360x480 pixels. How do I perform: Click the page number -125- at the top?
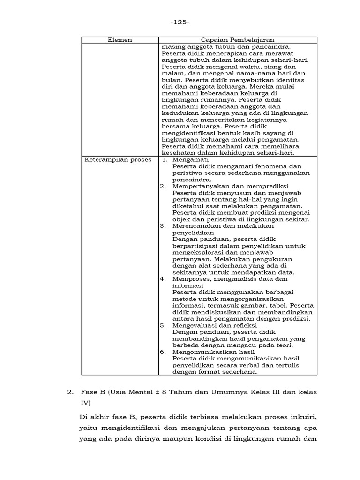180,22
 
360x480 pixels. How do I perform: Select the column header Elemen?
120,40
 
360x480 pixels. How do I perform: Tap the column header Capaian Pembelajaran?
238,40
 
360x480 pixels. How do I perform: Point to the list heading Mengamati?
191,160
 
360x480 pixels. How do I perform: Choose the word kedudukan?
179,113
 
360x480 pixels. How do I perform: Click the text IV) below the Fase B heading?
86,403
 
